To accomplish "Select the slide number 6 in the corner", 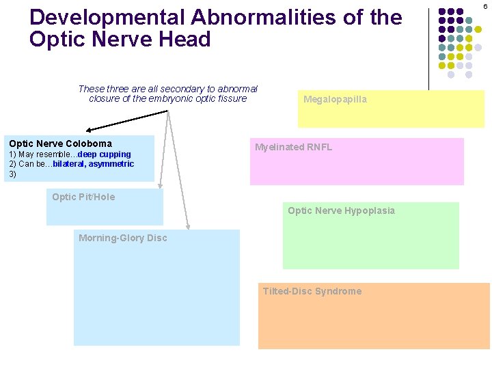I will tap(485, 6).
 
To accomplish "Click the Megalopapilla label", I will tap(335, 100).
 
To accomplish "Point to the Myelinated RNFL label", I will tap(293, 147).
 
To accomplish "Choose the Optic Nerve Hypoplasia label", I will tap(341, 210).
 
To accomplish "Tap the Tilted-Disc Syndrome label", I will tap(312, 291).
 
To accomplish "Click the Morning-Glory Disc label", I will tap(122, 238).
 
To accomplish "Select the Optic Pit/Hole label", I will tap(83, 197).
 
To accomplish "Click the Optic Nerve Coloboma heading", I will tap(60, 143).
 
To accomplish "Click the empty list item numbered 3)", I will tap(12, 174).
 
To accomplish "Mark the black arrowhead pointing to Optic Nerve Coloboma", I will tap(90, 128).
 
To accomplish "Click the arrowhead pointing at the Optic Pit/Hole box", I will tap(161, 185).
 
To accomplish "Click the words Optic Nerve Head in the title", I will tap(120, 39).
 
